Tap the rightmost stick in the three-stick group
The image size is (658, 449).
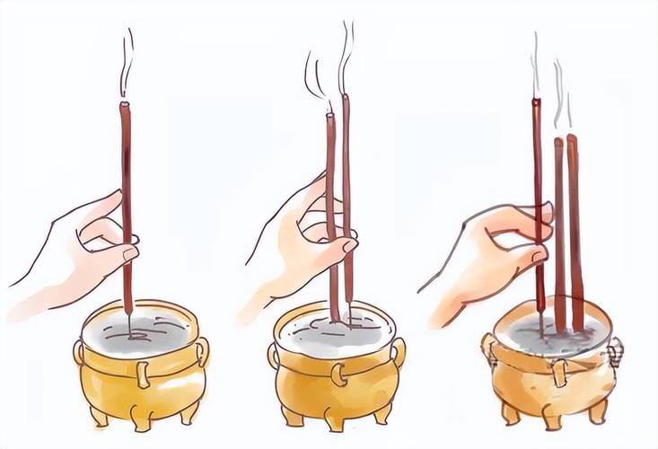(575, 224)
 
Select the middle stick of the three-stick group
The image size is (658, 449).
(559, 233)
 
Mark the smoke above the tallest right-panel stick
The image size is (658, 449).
(536, 63)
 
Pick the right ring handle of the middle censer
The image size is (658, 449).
(397, 351)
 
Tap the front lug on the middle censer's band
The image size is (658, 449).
(337, 373)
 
